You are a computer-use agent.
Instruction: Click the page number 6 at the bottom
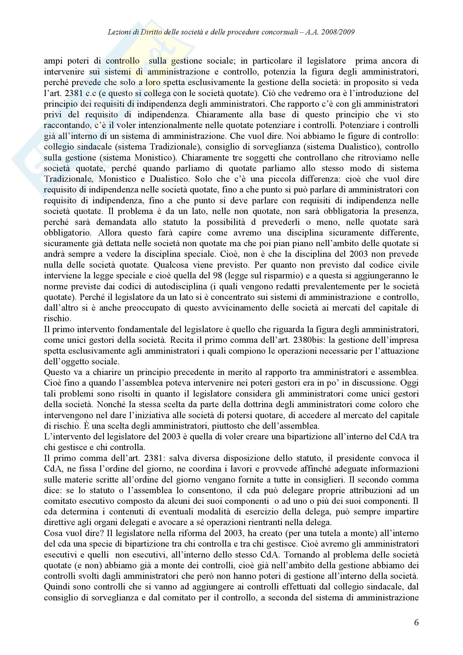[x=416, y=623]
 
